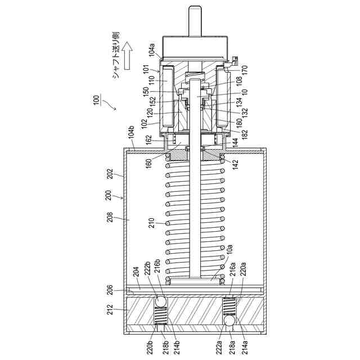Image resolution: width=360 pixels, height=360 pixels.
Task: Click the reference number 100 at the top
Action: coord(97,100)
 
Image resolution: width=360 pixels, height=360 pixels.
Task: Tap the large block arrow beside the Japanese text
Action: coord(127,55)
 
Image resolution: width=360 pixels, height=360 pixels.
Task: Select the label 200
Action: coord(108,195)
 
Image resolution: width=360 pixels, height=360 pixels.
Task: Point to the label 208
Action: coord(110,217)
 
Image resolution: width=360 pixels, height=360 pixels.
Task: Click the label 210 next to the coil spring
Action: coord(152,223)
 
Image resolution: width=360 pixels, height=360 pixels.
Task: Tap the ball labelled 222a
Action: coord(230,321)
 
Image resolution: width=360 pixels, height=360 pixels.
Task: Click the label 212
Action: coord(110,309)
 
